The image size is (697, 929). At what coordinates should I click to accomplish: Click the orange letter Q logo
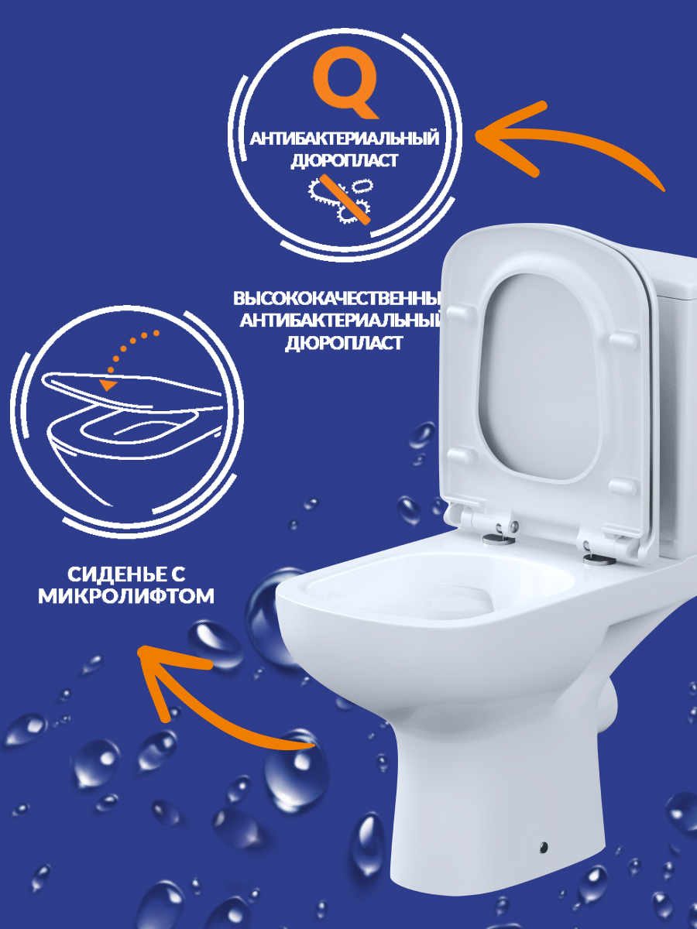tap(345, 82)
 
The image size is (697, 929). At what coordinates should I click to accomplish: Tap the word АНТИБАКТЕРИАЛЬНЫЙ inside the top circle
tap(345, 139)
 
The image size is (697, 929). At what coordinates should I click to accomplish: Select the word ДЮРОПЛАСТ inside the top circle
tap(345, 160)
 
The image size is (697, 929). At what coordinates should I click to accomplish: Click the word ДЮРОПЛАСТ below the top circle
tap(344, 343)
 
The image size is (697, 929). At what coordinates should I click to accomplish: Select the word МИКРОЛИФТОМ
tap(126, 596)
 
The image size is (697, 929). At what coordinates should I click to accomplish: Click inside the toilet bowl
tap(440, 592)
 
